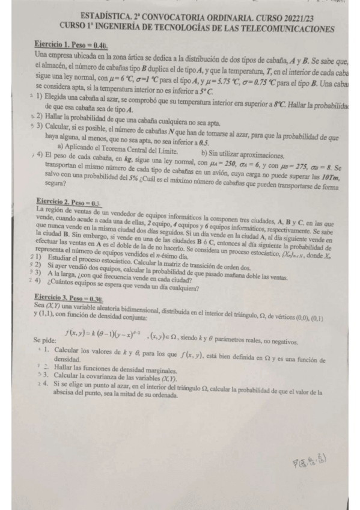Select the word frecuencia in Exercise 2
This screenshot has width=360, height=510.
tap(115, 280)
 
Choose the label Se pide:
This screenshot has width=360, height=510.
tap(47, 341)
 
